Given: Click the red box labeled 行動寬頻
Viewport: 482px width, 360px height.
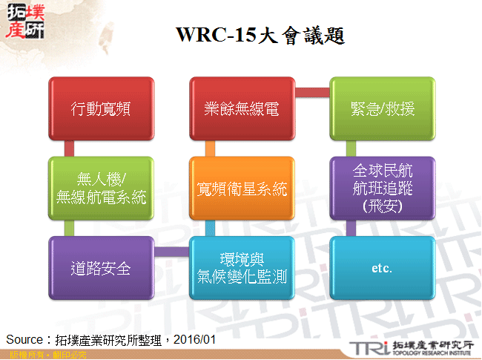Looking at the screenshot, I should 102,108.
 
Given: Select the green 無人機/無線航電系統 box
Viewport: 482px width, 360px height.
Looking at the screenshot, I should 102,189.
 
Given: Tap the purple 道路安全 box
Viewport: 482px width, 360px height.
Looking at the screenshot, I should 102,268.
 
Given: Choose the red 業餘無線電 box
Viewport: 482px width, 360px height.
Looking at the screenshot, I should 242,108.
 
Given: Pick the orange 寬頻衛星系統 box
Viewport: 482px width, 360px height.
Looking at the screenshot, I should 242,189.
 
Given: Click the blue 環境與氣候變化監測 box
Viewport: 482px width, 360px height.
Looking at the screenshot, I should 242,268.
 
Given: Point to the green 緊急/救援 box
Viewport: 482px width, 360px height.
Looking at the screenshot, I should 382,108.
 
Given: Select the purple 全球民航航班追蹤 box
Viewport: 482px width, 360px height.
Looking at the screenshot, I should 382,189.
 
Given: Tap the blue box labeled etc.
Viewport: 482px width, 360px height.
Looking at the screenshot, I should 382,268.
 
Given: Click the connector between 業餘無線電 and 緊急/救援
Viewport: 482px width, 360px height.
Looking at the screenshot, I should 312,91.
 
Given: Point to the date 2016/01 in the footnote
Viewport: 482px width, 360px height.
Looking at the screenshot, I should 198,338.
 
